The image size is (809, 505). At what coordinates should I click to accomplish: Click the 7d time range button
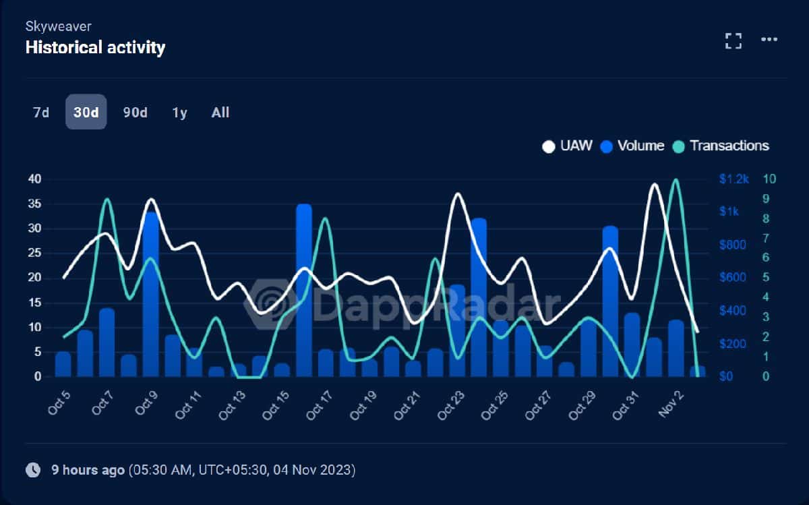[x=41, y=113]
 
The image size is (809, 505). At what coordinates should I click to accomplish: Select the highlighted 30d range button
[x=86, y=113]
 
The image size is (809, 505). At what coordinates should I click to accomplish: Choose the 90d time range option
[x=135, y=113]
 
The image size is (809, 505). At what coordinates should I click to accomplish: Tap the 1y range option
[x=179, y=113]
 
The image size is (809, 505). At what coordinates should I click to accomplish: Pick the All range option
[x=220, y=113]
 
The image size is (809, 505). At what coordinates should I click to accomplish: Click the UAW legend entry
[x=568, y=146]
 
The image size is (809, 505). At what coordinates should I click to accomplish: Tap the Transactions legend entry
[x=721, y=146]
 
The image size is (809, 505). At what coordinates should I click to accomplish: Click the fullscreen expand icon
[x=733, y=40]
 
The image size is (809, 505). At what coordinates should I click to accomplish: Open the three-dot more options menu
[x=769, y=40]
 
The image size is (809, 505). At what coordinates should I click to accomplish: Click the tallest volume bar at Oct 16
[x=304, y=290]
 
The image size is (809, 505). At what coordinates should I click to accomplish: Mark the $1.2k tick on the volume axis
[x=733, y=179]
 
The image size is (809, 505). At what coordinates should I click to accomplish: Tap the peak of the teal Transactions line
[x=676, y=180]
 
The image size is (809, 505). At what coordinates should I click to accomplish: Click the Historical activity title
[x=95, y=47]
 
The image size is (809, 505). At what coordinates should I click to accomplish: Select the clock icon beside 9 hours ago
[x=32, y=470]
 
